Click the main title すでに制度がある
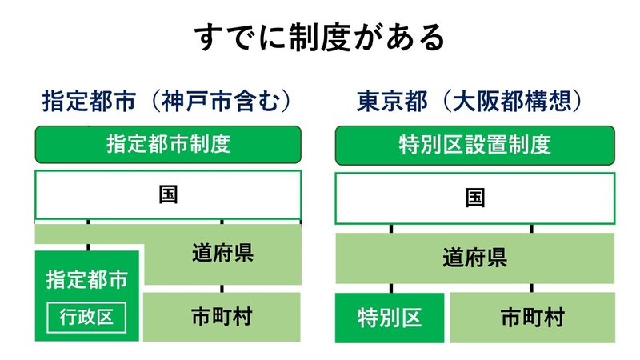319,37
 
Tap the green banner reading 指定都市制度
168,145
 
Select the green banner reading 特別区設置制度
474,146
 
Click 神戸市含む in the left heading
222,101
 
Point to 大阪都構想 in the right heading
512,101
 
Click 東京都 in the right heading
392,101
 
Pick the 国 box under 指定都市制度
168,195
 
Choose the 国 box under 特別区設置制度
474,198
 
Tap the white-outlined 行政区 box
86,317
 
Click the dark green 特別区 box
390,318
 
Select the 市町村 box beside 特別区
533,318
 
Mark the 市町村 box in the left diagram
222,317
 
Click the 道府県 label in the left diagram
222,253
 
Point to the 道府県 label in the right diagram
474,258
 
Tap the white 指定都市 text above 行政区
86,279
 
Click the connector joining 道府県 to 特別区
391,288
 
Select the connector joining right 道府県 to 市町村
531,288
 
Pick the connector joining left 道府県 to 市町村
222,289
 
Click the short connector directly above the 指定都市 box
89,247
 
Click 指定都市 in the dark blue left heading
89,101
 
